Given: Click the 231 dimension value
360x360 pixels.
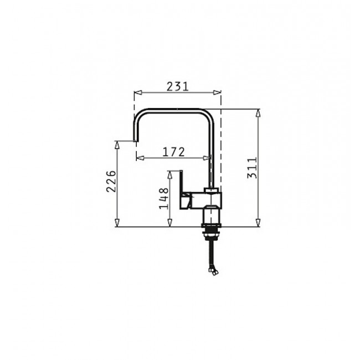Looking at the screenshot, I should click(177, 86).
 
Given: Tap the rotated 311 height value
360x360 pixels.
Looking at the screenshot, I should click(251, 168).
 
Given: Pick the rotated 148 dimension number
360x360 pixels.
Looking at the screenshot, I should click(163, 198).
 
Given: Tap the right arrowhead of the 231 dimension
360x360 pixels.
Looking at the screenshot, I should click(218, 92).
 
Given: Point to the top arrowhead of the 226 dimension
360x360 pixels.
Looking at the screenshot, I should click(117, 143).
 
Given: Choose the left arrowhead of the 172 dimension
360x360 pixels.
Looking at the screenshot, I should click(139, 157).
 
